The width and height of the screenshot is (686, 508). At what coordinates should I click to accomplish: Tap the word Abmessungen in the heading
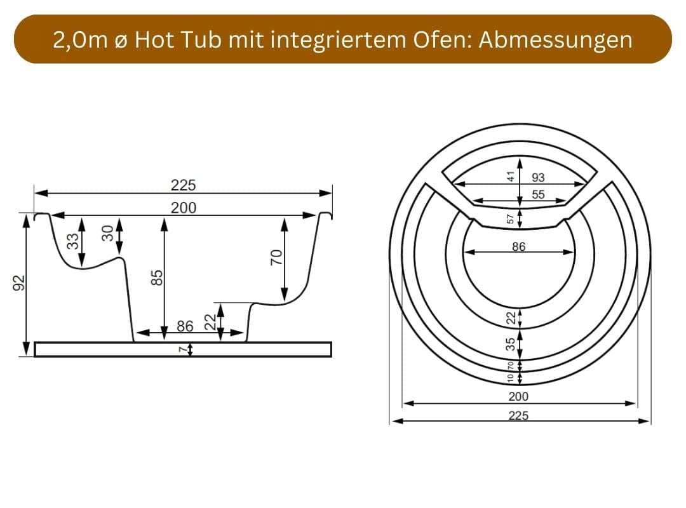[555, 39]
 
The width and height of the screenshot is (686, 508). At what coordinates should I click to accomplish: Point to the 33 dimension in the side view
[72, 241]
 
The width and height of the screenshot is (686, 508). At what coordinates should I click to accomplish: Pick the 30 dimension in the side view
[107, 233]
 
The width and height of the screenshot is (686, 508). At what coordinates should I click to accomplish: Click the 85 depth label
[158, 277]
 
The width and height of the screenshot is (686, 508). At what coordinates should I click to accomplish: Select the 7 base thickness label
[181, 349]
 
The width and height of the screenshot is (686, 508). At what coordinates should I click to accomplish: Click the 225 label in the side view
[184, 185]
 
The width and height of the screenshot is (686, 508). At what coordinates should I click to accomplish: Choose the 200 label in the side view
[184, 208]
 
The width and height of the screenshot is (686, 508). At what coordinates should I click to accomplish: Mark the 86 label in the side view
[185, 326]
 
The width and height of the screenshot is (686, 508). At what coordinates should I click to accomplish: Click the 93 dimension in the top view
[537, 178]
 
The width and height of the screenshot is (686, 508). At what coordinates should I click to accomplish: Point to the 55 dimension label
[538, 195]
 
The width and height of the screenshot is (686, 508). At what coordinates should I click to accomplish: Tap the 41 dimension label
[509, 177]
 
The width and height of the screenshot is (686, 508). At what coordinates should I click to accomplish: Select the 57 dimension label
[509, 219]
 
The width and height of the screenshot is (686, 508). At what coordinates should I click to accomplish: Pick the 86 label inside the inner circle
[518, 246]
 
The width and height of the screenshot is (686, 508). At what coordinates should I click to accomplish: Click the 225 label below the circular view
[518, 415]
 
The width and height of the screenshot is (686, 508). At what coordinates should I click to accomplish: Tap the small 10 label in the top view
[510, 378]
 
